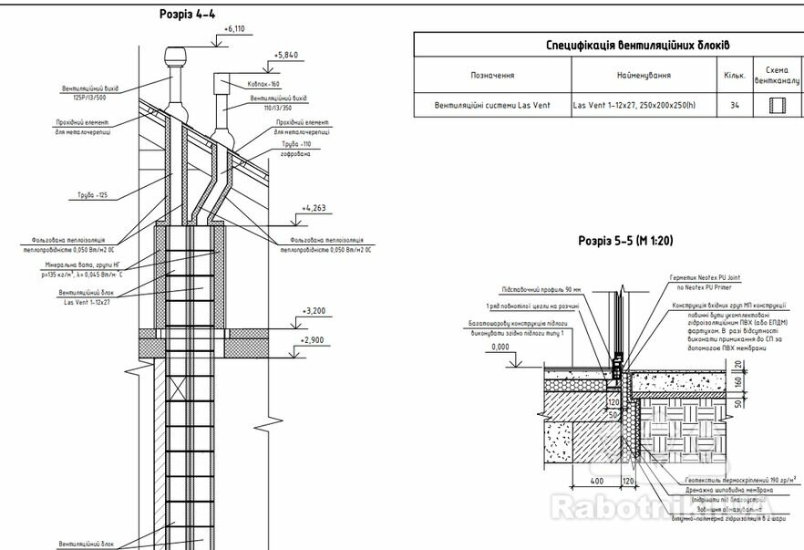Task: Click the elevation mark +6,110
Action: (234, 29)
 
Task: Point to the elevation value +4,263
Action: (315, 208)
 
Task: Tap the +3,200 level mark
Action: (315, 311)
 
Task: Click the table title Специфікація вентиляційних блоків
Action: (638, 45)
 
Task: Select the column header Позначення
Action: (492, 76)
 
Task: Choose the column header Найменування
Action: (644, 76)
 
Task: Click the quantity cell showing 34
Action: (735, 106)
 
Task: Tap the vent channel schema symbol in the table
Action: (778, 106)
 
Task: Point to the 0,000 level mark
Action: (500, 348)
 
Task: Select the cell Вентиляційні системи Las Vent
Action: (492, 106)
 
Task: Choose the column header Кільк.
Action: (735, 76)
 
